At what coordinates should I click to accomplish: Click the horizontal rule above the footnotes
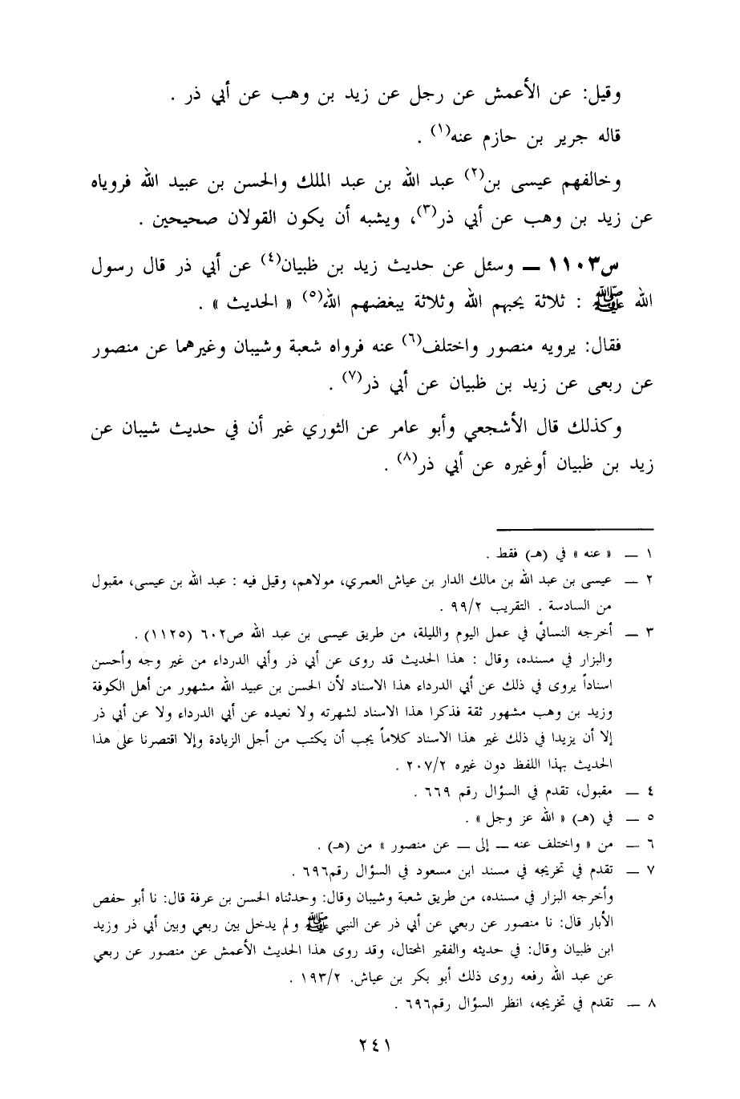point(576,528)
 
